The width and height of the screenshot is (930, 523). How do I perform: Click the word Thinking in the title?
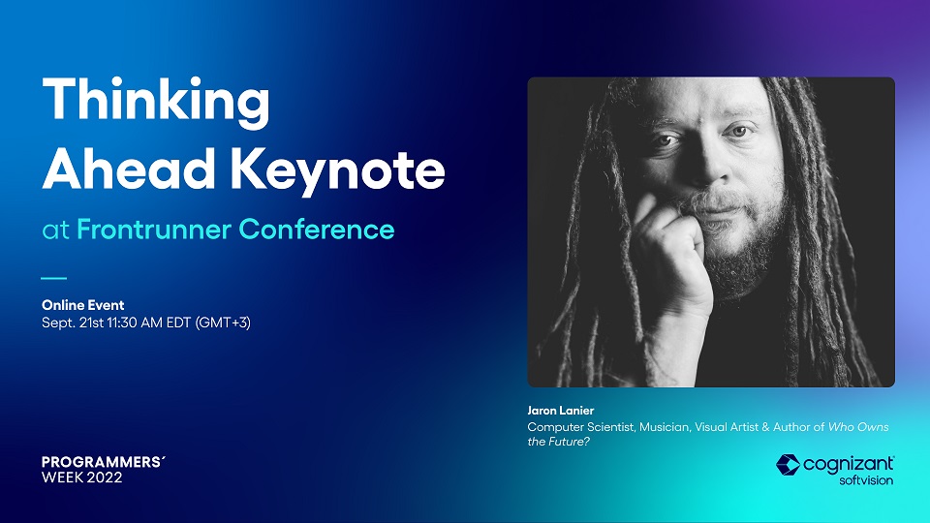pyautogui.click(x=156, y=102)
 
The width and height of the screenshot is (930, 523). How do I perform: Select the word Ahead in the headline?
pyautogui.click(x=128, y=169)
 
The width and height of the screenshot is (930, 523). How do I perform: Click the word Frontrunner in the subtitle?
pyautogui.click(x=154, y=230)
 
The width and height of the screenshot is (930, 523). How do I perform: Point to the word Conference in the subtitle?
pyautogui.click(x=317, y=230)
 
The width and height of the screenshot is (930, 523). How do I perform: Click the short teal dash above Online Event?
pyautogui.click(x=54, y=278)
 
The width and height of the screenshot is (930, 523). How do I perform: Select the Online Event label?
pyautogui.click(x=83, y=305)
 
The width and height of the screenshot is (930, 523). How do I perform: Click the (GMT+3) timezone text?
pyautogui.click(x=223, y=323)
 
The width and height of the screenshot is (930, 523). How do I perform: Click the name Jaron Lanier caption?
pyautogui.click(x=561, y=411)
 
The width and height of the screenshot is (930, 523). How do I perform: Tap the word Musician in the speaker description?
pyautogui.click(x=665, y=427)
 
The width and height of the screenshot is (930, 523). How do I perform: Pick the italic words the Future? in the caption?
pyautogui.click(x=559, y=442)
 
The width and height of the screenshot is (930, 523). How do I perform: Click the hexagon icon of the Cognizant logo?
pyautogui.click(x=789, y=465)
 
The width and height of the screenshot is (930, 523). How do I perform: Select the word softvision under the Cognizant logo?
pyautogui.click(x=866, y=480)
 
